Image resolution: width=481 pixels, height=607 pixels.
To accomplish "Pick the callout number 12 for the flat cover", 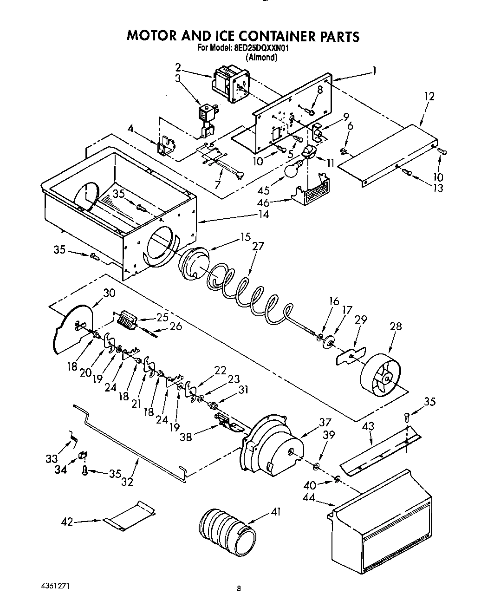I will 429,97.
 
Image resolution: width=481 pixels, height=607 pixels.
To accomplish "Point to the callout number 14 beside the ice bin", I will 264,215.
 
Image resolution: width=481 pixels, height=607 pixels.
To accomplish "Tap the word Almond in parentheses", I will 262,58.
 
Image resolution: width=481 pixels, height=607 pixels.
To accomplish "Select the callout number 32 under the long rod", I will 127,482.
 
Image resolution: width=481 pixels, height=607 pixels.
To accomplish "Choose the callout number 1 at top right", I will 374,71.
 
